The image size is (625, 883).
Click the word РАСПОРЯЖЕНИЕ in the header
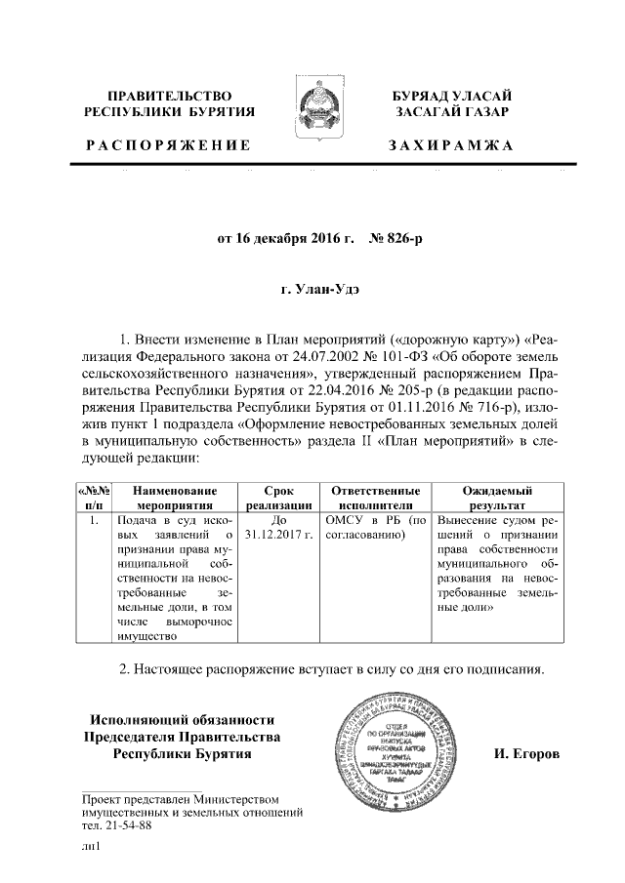[x=168, y=145]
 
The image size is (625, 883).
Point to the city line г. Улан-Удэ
[x=312, y=290]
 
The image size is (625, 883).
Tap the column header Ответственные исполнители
[x=376, y=498]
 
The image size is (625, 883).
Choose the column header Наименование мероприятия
[x=176, y=498]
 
